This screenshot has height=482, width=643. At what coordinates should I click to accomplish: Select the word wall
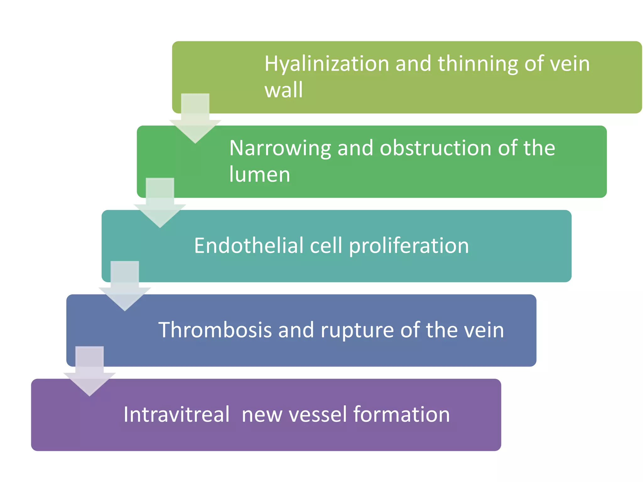[284, 90]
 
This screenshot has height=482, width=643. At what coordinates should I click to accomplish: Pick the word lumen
[260, 174]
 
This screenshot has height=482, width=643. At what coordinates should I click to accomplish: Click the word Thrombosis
[215, 330]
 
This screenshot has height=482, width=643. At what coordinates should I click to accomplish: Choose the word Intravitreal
[176, 415]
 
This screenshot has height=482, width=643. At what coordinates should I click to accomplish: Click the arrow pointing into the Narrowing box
[195, 119]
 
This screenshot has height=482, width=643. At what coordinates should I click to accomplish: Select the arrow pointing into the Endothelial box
[160, 204]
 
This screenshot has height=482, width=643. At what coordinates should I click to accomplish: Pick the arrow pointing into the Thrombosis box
[125, 287]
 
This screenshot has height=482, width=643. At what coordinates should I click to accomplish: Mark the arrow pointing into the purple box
[89, 372]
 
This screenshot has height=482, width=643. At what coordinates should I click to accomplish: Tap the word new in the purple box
[262, 415]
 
